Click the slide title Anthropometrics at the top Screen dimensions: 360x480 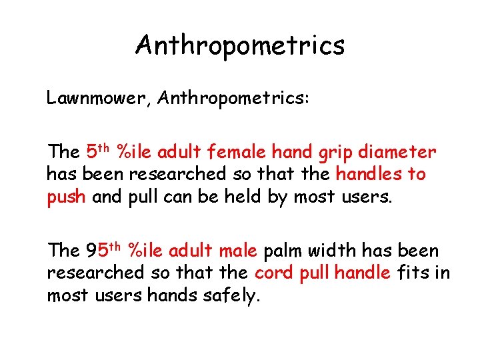pos(240,45)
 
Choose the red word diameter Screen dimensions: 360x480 pos(399,153)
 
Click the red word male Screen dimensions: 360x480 pos(237,251)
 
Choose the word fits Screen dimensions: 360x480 pos(415,273)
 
